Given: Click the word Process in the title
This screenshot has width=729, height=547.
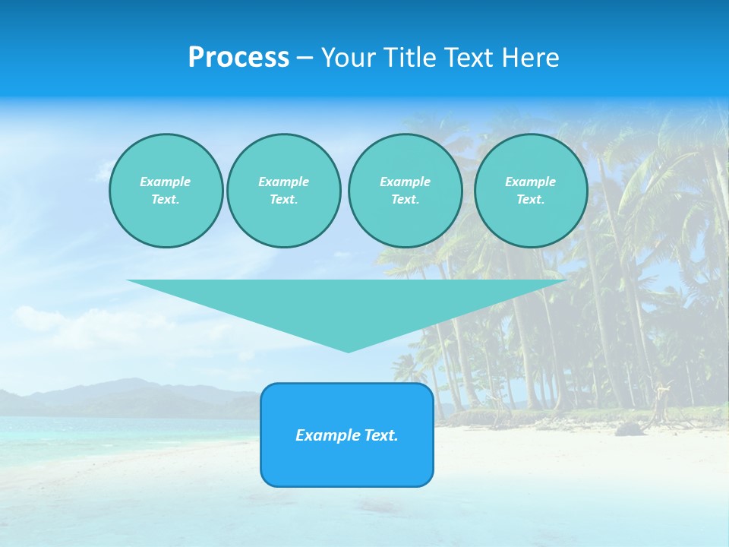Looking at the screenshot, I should [x=238, y=58].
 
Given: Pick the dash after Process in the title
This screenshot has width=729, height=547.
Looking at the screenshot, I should [x=305, y=58].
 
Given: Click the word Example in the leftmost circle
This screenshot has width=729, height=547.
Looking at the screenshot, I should [x=166, y=182].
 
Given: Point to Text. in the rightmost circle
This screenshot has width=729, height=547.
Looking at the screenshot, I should [x=531, y=199].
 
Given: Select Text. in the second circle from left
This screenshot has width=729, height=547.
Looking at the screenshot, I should [x=283, y=199].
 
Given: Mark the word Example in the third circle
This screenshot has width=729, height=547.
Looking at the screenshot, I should [x=405, y=182].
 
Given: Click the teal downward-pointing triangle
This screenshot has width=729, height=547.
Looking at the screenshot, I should [x=346, y=304].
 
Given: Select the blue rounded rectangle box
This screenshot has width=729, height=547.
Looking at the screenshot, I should [x=347, y=463].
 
